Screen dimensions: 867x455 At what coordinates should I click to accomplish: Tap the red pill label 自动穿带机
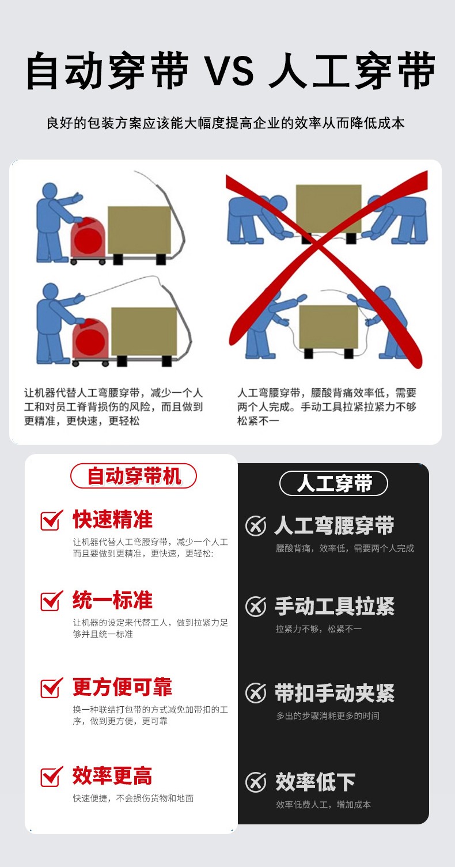[x=134, y=476]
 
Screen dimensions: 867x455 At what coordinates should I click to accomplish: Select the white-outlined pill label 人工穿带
[x=333, y=483]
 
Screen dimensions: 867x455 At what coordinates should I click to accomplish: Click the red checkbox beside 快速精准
[x=51, y=520]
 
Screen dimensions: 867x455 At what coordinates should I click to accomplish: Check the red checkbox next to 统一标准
[x=51, y=600]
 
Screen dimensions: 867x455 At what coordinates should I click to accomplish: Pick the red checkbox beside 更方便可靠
[x=51, y=687]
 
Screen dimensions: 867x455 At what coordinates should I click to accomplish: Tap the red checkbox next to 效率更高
[x=51, y=776]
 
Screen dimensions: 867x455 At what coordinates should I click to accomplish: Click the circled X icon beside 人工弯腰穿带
[x=256, y=526]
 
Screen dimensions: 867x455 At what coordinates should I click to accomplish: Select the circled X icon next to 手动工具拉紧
[x=256, y=607]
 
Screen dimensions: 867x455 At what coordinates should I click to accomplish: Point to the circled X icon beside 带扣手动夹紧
[x=256, y=693]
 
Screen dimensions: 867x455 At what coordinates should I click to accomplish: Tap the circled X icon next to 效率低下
[x=256, y=782]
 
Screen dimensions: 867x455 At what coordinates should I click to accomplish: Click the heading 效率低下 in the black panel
[x=315, y=782]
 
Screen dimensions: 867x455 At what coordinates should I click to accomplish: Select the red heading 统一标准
[x=112, y=600]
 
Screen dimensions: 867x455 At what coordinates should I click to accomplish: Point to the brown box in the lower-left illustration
[x=143, y=331]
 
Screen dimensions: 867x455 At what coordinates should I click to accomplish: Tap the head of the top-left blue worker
[x=50, y=191]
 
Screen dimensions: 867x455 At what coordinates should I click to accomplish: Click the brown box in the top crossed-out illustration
[x=328, y=208]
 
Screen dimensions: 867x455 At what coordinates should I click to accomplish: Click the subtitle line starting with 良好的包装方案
[x=225, y=123]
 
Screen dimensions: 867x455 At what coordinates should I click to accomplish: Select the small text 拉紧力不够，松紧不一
[x=318, y=629]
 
